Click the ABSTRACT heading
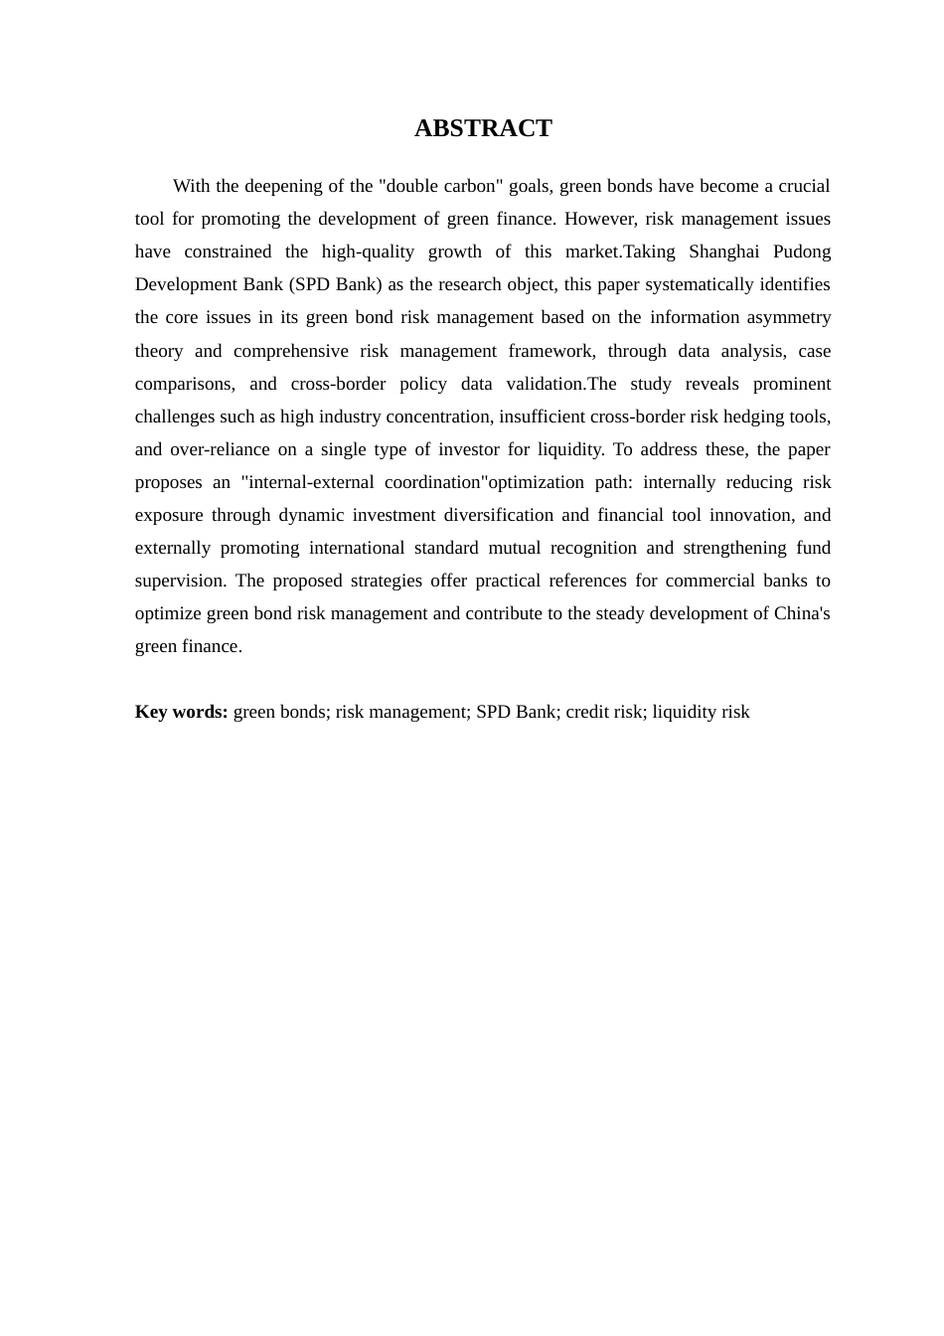[483, 128]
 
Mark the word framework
[551, 351]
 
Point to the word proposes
[168, 482]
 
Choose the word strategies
[387, 581]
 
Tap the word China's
[802, 613]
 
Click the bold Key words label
[182, 712]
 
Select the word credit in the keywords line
[588, 712]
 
